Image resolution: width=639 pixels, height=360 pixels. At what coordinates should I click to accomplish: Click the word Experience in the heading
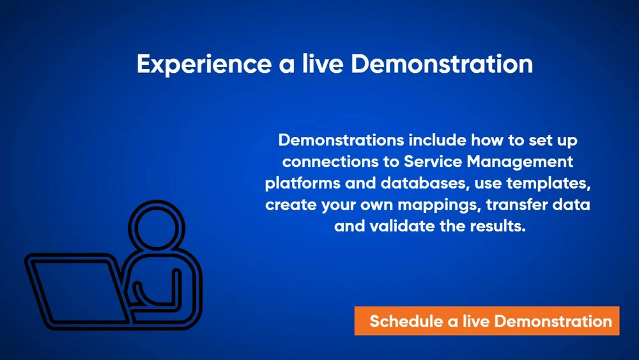204,65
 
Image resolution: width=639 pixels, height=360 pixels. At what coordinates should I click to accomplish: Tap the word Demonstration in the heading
442,63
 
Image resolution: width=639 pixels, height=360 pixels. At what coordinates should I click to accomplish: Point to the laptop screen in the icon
77,291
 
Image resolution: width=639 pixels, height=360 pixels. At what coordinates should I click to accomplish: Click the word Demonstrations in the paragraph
341,140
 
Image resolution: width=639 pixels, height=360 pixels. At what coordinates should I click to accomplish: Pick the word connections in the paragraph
331,161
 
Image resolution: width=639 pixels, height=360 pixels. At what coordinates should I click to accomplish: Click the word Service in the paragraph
433,161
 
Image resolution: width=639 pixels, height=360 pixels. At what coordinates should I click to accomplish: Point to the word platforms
302,184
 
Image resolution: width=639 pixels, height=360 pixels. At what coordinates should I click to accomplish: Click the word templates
548,184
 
